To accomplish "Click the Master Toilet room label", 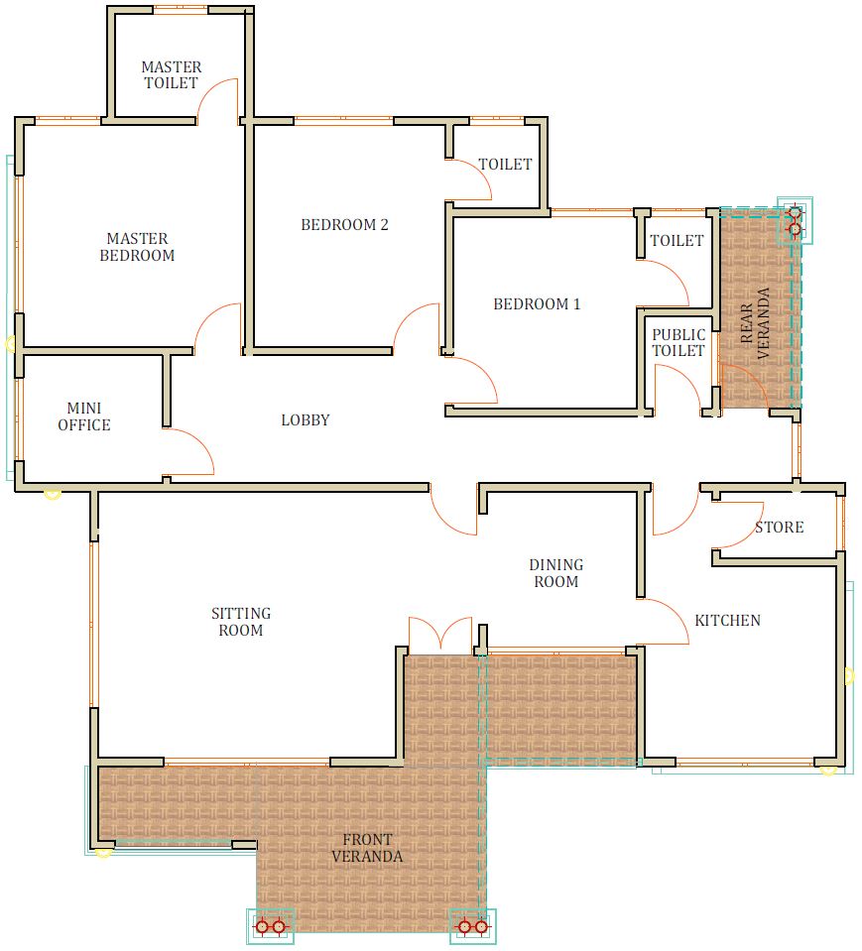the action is click(x=171, y=75).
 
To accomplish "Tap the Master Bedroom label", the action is click(x=137, y=247).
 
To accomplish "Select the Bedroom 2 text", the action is click(x=344, y=225).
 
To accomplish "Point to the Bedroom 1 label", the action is click(x=537, y=303).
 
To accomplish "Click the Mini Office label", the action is click(x=84, y=416).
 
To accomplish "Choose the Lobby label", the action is click(x=306, y=419).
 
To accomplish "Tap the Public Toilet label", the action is click(x=678, y=343).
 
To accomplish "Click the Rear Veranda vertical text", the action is click(x=755, y=323).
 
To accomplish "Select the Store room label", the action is click(x=780, y=527).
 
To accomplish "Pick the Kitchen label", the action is click(x=727, y=621).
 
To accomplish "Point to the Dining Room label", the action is click(x=556, y=573).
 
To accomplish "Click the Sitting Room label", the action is click(x=241, y=622).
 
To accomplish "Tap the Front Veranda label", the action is click(x=367, y=848).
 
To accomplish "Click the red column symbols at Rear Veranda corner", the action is click(x=795, y=221).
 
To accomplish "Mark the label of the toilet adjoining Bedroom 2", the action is click(x=505, y=165).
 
